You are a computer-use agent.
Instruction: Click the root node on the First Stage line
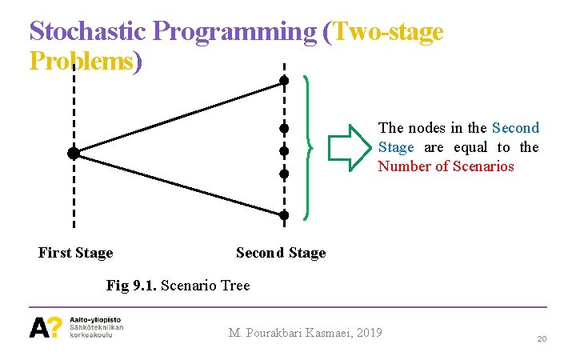click(73, 153)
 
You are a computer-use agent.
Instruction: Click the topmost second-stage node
click(283, 80)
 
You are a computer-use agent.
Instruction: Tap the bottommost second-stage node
click(283, 214)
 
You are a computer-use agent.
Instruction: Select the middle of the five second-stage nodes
click(283, 151)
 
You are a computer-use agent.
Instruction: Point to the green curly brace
click(308, 147)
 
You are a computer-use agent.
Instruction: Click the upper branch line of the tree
click(178, 116)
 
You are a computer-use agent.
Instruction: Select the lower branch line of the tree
click(178, 184)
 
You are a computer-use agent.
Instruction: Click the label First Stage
click(76, 253)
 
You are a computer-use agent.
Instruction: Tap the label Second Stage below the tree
click(281, 253)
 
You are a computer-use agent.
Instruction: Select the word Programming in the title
click(234, 31)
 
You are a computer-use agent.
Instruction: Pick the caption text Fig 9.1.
click(131, 285)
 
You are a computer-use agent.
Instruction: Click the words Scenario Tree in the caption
click(206, 285)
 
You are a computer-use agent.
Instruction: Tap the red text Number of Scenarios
click(446, 166)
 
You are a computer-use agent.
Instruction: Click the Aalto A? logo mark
click(46, 327)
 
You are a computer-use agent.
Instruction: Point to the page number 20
click(542, 339)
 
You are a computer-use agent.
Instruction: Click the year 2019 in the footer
click(366, 333)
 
